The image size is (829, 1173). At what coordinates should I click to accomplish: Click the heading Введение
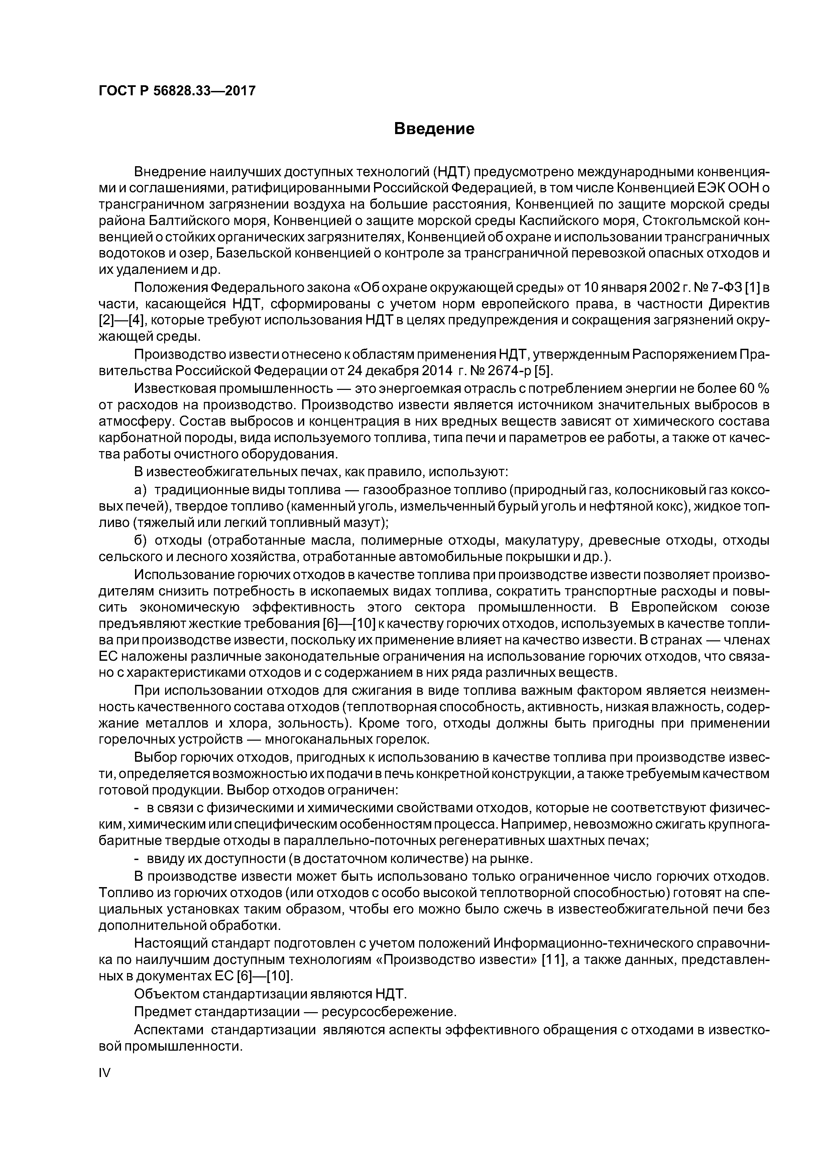[x=434, y=129]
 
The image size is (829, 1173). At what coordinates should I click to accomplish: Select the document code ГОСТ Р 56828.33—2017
[x=177, y=91]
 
